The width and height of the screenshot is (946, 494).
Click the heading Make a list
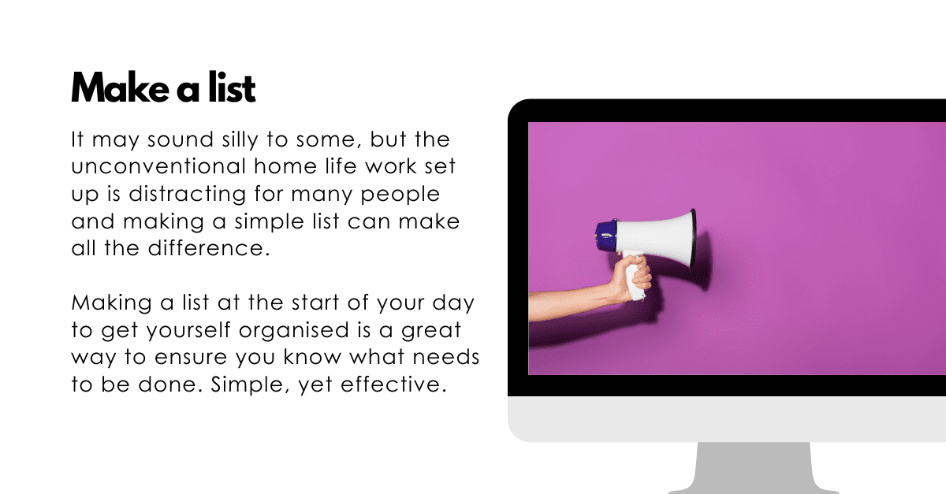[x=163, y=87]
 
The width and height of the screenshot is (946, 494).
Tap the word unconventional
[x=158, y=166]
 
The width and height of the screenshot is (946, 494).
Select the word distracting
[x=187, y=195]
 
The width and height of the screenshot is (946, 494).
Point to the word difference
[x=209, y=248]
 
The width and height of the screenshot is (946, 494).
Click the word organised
[x=293, y=330]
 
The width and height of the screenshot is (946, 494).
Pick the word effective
[x=393, y=384]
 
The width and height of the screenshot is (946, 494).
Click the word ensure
[x=191, y=358]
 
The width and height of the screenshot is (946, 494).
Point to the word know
[x=312, y=357]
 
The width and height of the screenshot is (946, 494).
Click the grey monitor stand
[x=754, y=468]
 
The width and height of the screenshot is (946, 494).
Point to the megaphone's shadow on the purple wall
[x=705, y=262]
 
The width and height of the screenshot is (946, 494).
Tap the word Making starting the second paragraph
[x=111, y=303]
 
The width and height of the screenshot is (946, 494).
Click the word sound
[x=181, y=139]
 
